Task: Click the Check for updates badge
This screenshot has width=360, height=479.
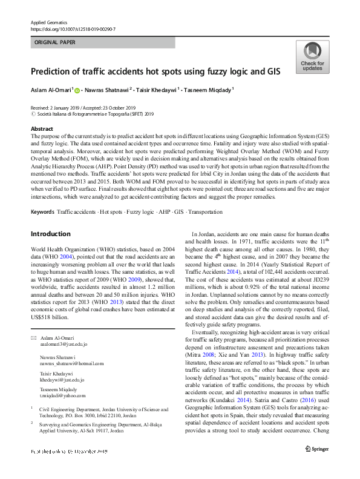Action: (x=312, y=58)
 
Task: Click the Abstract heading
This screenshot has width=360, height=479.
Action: (x=42, y=129)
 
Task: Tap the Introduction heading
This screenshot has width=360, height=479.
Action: (x=51, y=234)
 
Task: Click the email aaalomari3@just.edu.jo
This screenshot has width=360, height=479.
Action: (x=63, y=343)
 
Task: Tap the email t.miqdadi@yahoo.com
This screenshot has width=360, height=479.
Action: (x=63, y=395)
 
